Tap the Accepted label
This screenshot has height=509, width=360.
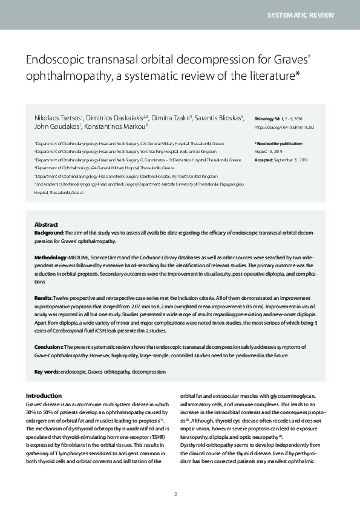[265, 159]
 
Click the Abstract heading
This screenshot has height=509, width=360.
[47, 224]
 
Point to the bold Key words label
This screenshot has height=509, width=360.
[47, 372]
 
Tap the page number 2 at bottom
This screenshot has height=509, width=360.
[175, 494]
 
